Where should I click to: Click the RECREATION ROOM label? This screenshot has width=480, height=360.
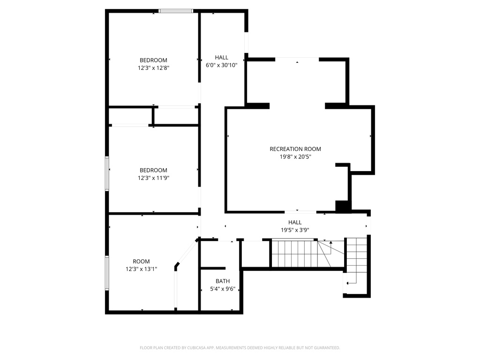295,149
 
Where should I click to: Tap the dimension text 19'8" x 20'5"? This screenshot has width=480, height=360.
295,157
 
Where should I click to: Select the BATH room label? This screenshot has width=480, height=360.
223,281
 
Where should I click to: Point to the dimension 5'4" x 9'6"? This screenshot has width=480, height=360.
223,289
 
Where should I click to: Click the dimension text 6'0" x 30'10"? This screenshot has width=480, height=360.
221,65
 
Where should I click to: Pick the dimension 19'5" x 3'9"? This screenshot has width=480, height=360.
295,230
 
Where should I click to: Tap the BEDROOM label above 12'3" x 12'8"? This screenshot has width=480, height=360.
153,60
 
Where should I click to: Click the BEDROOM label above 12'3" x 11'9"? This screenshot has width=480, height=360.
153,170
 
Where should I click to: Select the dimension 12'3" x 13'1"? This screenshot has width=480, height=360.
141,269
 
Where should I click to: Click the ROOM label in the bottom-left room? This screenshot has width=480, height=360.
141,262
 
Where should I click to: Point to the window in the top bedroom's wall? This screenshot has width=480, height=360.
176,11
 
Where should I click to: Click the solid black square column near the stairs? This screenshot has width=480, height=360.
343,206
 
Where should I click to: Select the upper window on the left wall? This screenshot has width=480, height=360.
107,173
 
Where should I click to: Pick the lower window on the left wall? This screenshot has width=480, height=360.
107,273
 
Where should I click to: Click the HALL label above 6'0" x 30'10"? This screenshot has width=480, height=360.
221,58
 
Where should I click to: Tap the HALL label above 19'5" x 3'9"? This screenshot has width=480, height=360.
295,223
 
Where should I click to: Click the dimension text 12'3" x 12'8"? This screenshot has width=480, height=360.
153,68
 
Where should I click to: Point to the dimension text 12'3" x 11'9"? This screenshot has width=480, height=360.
153,178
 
